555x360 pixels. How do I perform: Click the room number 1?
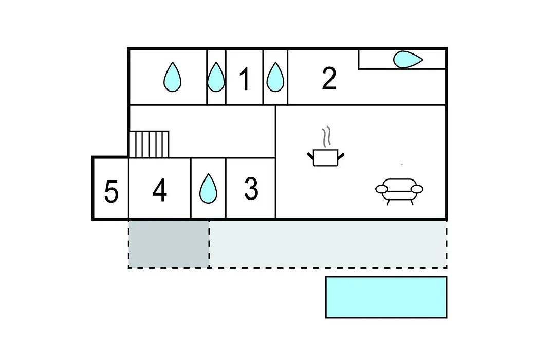(245, 79)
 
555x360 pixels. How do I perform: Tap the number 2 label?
(329, 78)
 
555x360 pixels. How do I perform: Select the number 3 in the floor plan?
(251, 188)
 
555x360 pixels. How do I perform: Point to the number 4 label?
(160, 190)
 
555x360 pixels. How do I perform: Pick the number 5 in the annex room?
(111, 191)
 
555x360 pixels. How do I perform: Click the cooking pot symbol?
(326, 157)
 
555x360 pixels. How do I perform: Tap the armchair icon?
(399, 192)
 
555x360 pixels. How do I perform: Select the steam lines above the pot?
(326, 136)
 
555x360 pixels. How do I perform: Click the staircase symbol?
(149, 144)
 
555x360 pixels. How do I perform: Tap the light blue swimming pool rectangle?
(386, 297)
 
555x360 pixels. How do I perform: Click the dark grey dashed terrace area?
(169, 244)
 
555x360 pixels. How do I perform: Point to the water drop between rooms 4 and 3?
(208, 188)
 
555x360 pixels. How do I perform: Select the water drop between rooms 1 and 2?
(275, 77)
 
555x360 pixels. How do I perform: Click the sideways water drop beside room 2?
(408, 59)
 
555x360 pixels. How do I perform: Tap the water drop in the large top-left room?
(172, 77)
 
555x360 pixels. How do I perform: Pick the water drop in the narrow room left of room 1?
(215, 77)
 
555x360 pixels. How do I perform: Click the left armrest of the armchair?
(381, 189)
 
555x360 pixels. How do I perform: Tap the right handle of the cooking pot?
(341, 156)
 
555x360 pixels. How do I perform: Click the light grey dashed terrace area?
(328, 244)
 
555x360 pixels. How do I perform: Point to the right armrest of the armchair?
(417, 189)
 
